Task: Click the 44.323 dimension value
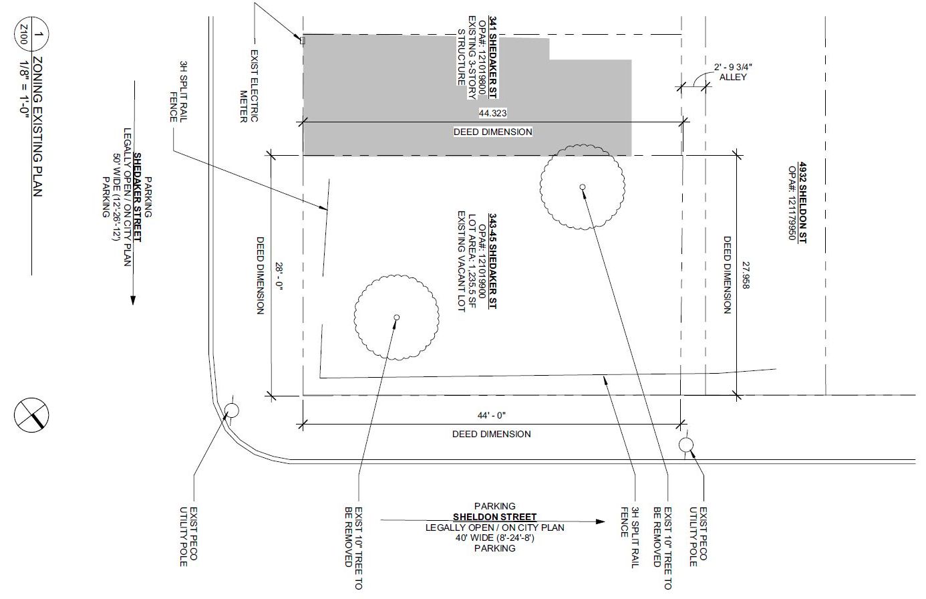tap(492, 113)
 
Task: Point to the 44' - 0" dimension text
tap(492, 415)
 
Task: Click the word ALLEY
tap(733, 77)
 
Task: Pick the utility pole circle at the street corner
tap(232, 410)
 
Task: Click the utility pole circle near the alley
tap(685, 445)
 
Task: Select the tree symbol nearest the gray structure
tap(583, 187)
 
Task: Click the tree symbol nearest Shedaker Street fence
tap(397, 317)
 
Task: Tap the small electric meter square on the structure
tap(302, 41)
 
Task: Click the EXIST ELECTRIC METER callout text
tap(249, 86)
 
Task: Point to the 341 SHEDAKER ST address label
tap(493, 57)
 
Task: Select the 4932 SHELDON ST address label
tap(802, 205)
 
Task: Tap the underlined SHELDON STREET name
tap(494, 517)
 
